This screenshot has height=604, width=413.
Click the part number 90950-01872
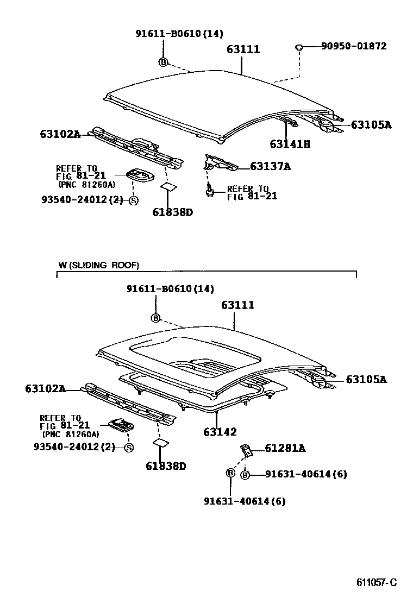click(354, 46)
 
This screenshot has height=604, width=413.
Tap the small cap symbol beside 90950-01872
click(299, 48)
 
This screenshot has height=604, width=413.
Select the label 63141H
click(290, 144)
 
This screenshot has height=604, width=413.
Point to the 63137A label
click(270, 166)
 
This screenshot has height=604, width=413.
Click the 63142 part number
click(220, 432)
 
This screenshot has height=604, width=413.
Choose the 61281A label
click(285, 448)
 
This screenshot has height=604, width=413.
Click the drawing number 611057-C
click(377, 583)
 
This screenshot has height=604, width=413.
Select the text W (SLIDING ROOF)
click(98, 265)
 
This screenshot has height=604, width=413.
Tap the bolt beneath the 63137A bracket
click(209, 191)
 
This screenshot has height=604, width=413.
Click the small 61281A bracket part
click(246, 450)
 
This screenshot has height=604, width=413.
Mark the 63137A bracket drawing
click(220, 162)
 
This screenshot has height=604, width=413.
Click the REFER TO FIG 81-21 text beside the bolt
click(252, 192)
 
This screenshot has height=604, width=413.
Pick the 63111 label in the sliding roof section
click(237, 305)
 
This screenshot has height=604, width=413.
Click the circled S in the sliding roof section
click(129, 448)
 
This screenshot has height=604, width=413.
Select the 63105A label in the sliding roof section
click(366, 379)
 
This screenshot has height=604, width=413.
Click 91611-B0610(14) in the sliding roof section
click(170, 289)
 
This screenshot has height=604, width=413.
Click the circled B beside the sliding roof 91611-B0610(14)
click(155, 318)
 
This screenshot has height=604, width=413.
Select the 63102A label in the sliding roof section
click(45, 388)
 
